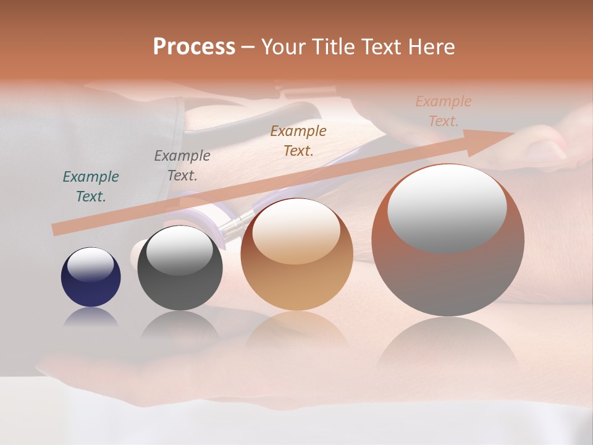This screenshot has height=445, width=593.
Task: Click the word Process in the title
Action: [x=194, y=47]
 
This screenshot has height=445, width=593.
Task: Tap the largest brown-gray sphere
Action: [x=448, y=278]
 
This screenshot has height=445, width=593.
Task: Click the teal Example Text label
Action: [x=91, y=186]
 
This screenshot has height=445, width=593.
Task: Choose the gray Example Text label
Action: [x=182, y=166]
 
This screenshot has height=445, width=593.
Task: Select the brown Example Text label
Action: [x=298, y=140]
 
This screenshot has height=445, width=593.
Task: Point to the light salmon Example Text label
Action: [x=444, y=111]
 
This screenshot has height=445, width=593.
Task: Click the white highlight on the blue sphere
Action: [x=91, y=264]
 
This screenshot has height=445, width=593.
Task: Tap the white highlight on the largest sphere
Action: [x=447, y=207]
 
